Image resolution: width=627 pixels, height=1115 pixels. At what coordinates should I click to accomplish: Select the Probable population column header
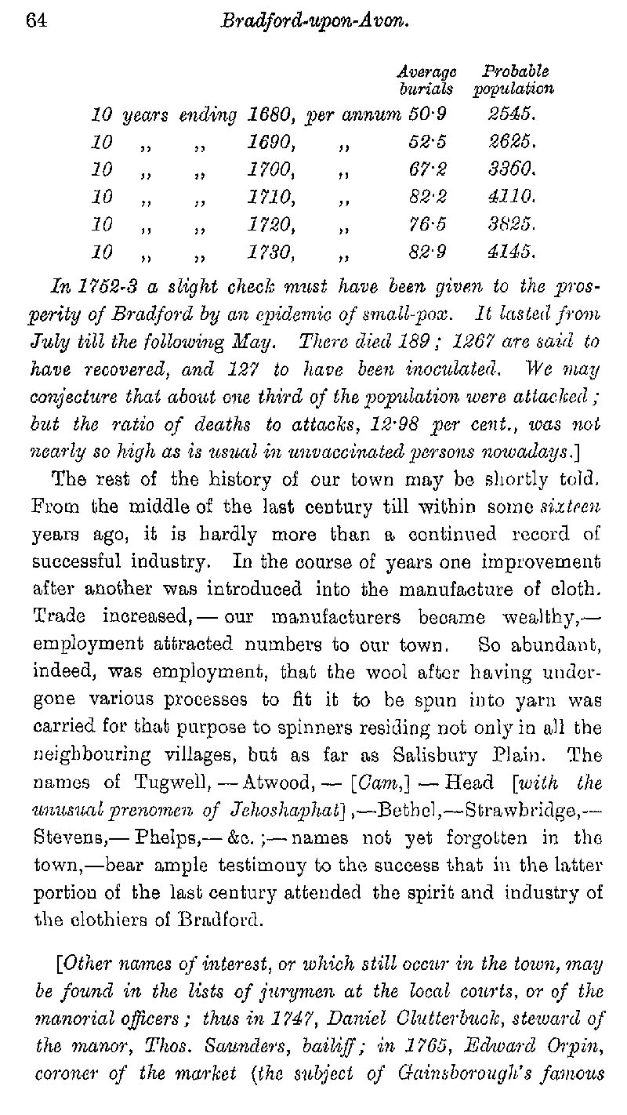pos(513,79)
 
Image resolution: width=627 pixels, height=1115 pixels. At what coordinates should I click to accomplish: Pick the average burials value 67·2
pos(427,169)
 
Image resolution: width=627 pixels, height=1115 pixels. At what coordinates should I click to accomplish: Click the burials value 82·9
pos(427,252)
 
